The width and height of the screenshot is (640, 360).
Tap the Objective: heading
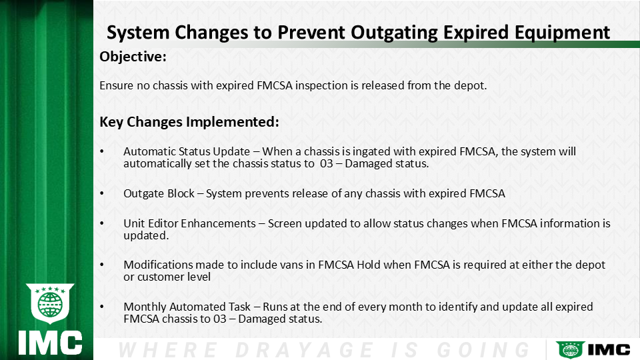click(133, 57)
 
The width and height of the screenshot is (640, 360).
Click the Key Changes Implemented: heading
click(189, 122)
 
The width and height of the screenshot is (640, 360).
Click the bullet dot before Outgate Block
click(102, 193)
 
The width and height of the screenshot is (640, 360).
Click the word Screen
click(285, 224)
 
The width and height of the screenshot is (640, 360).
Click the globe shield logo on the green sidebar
click(50, 303)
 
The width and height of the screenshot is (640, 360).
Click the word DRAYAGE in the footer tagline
click(304, 350)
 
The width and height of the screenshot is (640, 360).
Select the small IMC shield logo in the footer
click(570, 350)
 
